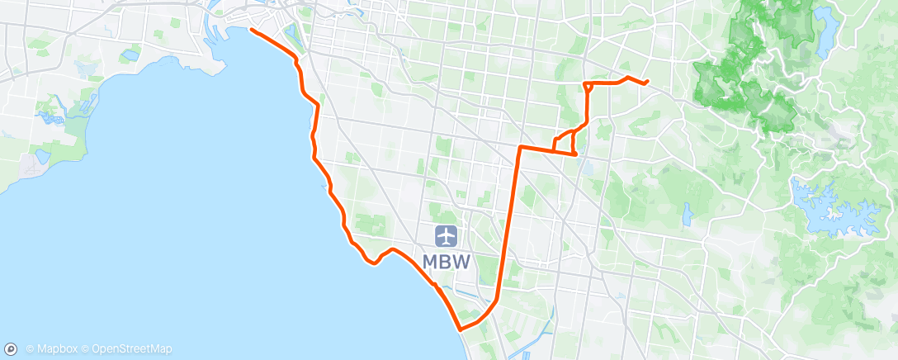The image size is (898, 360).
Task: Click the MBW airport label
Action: [447, 261]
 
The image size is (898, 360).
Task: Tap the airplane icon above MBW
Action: [447, 235]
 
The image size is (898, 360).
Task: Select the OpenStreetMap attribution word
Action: [132, 349]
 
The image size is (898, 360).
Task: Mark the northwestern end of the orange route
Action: [250, 31]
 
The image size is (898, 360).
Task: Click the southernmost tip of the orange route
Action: [460, 328]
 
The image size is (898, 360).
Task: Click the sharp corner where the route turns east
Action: [520, 147]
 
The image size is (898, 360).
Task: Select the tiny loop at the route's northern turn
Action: [588, 85]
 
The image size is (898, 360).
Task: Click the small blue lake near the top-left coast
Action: [130, 56]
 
